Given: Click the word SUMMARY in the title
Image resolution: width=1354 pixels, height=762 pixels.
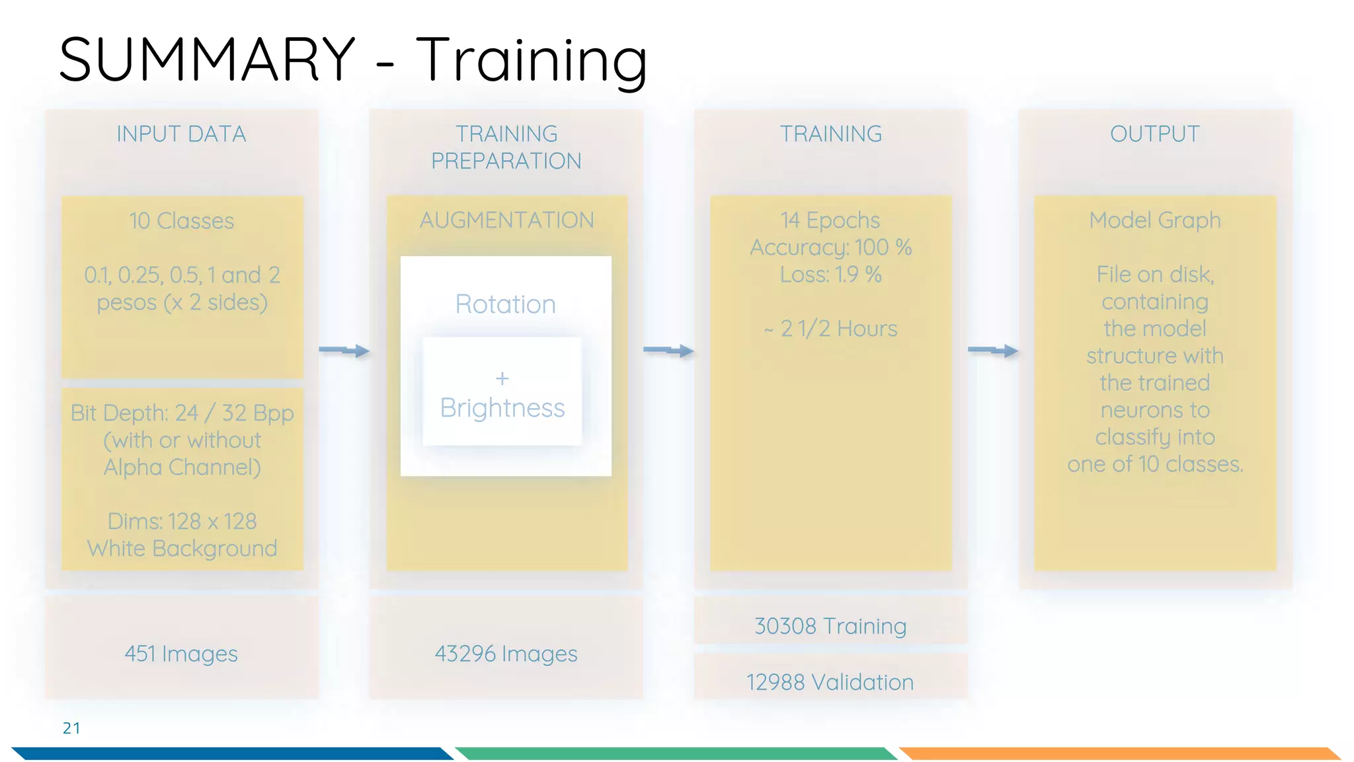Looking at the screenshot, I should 207,60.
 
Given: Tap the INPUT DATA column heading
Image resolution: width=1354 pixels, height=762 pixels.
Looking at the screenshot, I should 181,134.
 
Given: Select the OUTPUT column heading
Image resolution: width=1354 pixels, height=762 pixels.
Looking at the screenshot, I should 1154,134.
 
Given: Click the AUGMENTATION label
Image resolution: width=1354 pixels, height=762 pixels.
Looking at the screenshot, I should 506,220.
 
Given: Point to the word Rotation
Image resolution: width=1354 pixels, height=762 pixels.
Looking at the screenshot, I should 506,304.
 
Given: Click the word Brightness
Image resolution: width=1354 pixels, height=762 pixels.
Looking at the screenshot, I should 502,408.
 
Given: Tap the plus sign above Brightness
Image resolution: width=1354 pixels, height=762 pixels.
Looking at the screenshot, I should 502,378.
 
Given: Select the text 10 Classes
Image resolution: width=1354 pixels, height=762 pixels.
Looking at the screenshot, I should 182,221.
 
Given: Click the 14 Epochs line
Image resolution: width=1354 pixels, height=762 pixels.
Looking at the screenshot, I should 830,220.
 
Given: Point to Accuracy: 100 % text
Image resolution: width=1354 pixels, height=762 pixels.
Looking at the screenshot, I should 830,247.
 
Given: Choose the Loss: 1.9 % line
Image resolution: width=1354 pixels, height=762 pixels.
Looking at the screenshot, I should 830,275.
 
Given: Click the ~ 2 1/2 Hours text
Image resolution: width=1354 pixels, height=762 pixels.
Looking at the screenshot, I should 830,329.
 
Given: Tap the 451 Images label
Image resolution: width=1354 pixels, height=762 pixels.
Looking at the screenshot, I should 181,654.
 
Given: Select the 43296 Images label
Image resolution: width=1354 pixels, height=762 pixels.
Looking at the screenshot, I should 506,654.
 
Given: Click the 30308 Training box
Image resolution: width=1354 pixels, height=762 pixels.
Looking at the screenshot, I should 830,626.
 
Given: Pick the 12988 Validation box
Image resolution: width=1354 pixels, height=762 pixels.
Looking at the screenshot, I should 830,682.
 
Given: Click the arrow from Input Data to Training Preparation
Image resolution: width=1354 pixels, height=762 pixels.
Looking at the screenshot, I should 344,351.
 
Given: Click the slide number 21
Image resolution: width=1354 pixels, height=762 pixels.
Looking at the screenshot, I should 71,728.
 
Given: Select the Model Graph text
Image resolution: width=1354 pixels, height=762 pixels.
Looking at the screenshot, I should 1154,220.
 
